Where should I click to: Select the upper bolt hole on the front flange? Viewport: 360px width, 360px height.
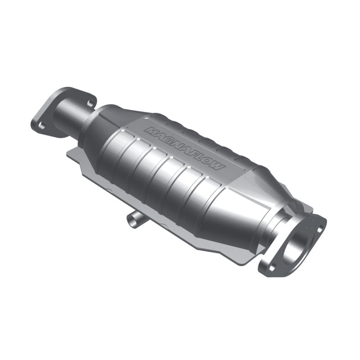click(320, 228)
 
